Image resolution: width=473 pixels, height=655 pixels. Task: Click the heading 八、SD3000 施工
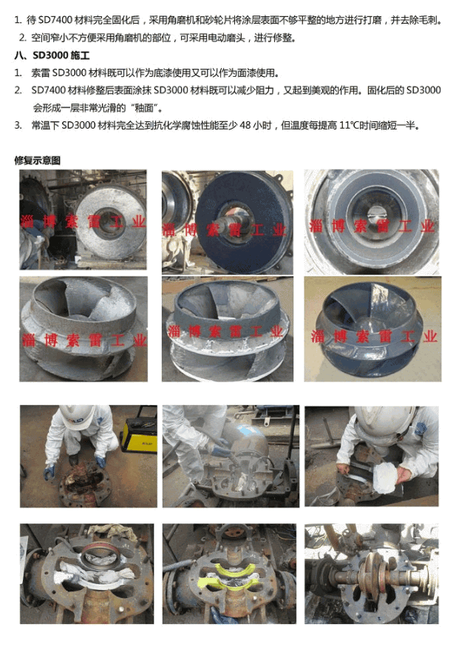(52, 55)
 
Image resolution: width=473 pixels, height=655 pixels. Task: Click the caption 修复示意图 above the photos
(38, 160)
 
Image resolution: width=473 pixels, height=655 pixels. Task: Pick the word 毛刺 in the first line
(427, 20)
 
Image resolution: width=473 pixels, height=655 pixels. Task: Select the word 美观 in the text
(321, 90)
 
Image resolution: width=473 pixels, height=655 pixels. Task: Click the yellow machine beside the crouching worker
(139, 435)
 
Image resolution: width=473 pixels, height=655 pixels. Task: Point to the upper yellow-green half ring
(229, 567)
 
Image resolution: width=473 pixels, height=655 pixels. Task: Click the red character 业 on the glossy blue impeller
(429, 336)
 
